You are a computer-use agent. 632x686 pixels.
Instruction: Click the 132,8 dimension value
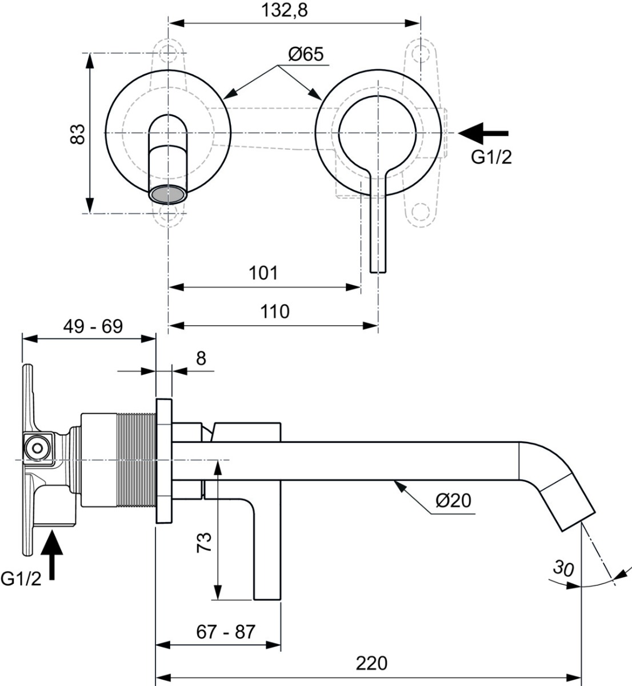[x=285, y=11]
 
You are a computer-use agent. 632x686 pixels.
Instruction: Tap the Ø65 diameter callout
[x=306, y=54]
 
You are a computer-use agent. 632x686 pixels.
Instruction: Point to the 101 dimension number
[x=263, y=273]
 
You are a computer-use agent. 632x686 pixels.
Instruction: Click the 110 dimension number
[x=275, y=312]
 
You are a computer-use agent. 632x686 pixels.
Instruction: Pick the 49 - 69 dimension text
[x=93, y=326]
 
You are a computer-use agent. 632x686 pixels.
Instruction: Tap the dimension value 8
[x=201, y=358]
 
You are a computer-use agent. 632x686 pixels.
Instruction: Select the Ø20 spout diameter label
[x=454, y=501]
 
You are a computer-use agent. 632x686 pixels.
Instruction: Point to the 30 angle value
[x=563, y=568]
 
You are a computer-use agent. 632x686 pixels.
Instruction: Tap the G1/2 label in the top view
[x=491, y=157]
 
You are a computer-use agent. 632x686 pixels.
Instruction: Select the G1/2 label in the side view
[x=21, y=579]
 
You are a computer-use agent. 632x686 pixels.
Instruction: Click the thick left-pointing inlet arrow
[x=483, y=133]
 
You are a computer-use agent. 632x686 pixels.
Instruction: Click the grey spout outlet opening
[x=168, y=194]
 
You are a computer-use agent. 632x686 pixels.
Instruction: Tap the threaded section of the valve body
[x=137, y=460]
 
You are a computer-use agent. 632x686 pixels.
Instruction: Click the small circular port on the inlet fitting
[x=37, y=448]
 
